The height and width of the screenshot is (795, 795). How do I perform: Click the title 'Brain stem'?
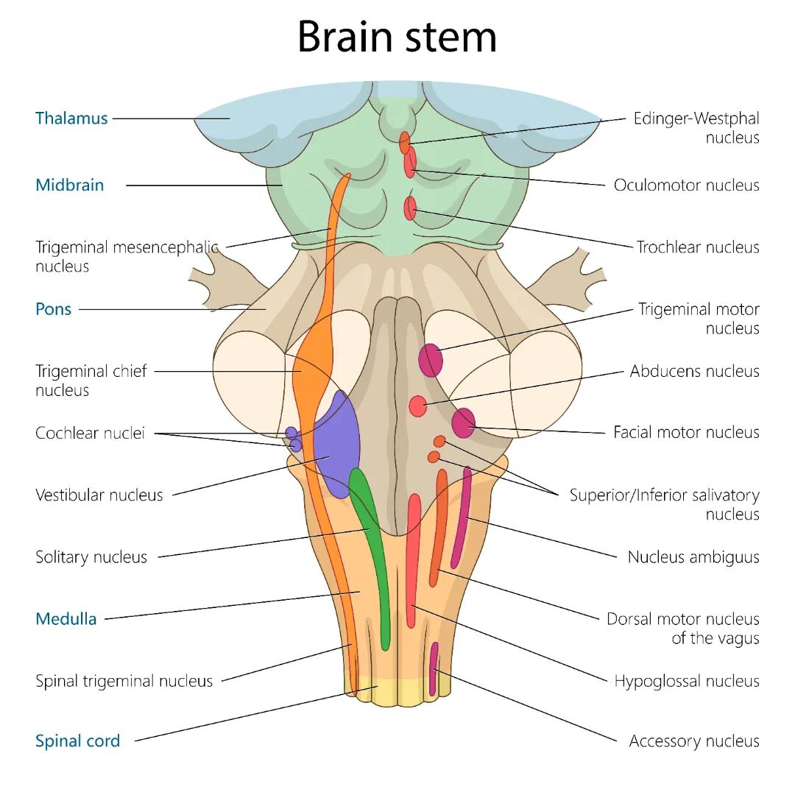pos(397,37)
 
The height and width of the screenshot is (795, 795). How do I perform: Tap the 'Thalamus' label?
pos(71,119)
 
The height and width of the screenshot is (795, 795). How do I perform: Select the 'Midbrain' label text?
pos(70,185)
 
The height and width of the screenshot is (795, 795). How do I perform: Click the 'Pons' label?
pos(54,309)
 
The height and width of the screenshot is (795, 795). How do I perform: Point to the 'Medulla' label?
pos(66,619)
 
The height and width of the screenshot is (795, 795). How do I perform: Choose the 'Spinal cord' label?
pos(77,741)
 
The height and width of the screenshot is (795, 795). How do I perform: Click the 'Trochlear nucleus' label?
pos(698,247)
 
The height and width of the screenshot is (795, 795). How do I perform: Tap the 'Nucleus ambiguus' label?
pos(693,557)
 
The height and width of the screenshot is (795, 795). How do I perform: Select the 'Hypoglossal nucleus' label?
pos(686,682)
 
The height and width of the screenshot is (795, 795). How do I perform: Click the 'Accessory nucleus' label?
pos(693,741)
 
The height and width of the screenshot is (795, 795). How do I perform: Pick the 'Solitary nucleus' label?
pos(91,557)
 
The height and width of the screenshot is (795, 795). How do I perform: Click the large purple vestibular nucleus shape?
pos(337,445)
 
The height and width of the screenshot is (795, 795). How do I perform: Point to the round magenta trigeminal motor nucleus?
pos(431,360)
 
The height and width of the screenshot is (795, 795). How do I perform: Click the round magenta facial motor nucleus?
pos(463,423)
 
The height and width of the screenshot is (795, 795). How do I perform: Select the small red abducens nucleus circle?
pos(417,406)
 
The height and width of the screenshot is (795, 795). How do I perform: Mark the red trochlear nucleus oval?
pos(410,209)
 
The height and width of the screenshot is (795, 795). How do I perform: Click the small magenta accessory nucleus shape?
pos(434,668)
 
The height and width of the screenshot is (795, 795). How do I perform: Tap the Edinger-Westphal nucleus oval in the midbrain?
pos(404,143)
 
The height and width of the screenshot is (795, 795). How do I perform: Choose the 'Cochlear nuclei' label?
pos(90,433)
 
